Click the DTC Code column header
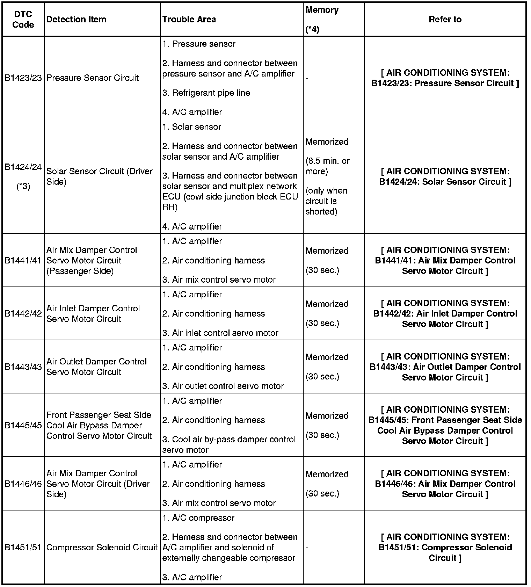(x=23, y=20)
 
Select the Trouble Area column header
(x=189, y=20)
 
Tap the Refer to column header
(x=445, y=20)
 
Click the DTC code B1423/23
(x=23, y=78)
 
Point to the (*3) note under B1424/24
(x=23, y=187)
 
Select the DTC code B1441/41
(x=23, y=260)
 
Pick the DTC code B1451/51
(x=23, y=548)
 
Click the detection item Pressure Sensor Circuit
(x=93, y=78)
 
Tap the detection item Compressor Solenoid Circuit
(x=102, y=548)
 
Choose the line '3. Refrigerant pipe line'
(x=206, y=93)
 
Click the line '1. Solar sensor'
(x=191, y=127)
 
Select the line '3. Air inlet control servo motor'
(x=220, y=333)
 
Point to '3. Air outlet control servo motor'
(x=223, y=386)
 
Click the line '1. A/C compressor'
(x=198, y=518)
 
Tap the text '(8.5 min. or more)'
(x=327, y=166)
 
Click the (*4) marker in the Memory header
(x=312, y=30)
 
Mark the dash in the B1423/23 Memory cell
(x=307, y=78)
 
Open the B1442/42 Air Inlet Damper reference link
(x=445, y=313)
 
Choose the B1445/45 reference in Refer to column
(x=445, y=425)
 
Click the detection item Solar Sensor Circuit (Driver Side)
(x=100, y=176)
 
